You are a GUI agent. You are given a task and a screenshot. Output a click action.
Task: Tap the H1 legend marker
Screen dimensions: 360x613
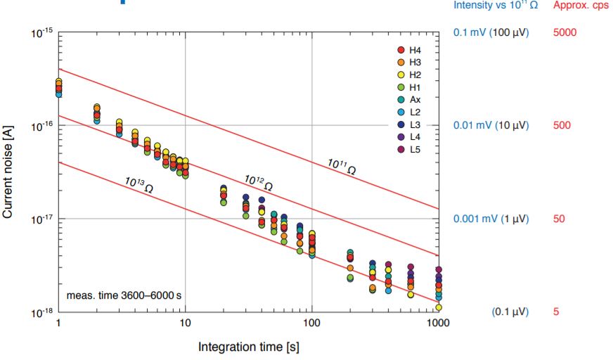pos(401,87)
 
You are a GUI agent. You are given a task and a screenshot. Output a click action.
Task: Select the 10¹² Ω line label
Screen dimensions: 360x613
pos(259,182)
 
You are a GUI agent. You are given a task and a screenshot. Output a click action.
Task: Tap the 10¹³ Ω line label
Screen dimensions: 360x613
pos(139,184)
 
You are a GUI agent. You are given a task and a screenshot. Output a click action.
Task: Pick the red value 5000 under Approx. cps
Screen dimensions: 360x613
pos(564,32)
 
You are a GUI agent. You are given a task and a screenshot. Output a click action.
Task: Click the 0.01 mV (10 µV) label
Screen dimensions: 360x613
pos(491,126)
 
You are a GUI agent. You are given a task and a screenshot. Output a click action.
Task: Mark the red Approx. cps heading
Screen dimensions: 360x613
pos(581,6)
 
